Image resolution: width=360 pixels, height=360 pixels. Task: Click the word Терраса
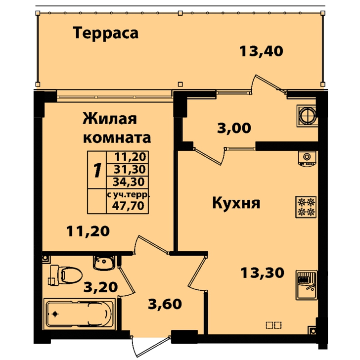click(x=106, y=33)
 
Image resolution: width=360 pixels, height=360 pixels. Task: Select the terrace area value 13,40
click(x=261, y=51)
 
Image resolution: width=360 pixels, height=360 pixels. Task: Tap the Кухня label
click(x=236, y=203)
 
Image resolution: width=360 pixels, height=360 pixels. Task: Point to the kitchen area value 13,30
click(x=263, y=273)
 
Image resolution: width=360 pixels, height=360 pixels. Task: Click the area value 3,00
click(x=234, y=128)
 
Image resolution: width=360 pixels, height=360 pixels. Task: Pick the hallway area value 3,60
click(x=165, y=304)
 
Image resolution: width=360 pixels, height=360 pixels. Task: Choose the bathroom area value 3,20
click(x=101, y=287)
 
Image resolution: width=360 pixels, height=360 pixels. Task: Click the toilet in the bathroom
click(x=65, y=275)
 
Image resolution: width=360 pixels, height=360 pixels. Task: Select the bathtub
click(x=80, y=314)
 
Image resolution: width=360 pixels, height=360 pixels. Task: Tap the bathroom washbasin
click(x=104, y=263)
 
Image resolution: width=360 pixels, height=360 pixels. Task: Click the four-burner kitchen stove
click(x=306, y=207)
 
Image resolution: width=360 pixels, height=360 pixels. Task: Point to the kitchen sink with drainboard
click(x=307, y=285)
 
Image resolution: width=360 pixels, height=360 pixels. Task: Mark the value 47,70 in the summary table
click(x=128, y=206)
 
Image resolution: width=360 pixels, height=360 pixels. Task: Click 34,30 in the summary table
click(x=129, y=182)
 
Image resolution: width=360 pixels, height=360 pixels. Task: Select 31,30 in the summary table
click(x=130, y=170)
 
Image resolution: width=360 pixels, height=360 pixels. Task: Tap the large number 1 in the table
click(x=97, y=170)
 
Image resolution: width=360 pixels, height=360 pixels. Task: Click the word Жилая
click(x=109, y=119)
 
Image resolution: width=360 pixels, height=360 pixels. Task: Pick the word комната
click(x=117, y=138)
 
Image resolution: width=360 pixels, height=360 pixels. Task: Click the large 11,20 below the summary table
click(x=88, y=231)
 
